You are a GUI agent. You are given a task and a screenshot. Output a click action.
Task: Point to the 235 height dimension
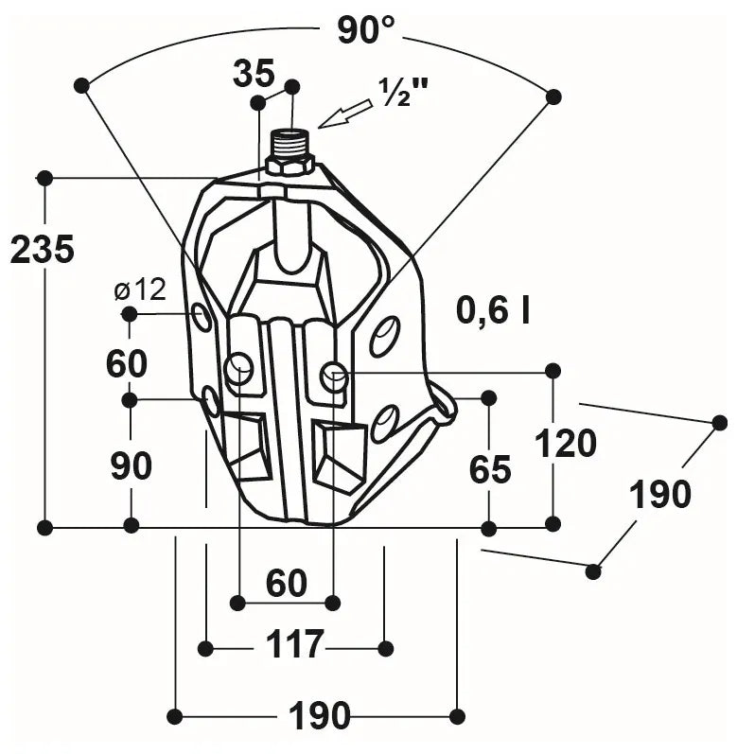(x=42, y=250)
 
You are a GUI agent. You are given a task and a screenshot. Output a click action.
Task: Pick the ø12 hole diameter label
(x=139, y=289)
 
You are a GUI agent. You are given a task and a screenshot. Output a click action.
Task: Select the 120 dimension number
(x=565, y=443)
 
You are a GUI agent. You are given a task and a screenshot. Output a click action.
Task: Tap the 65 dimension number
(x=489, y=469)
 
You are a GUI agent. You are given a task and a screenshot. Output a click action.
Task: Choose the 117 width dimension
(x=293, y=645)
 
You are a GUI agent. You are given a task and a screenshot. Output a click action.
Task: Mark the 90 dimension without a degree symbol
(x=132, y=466)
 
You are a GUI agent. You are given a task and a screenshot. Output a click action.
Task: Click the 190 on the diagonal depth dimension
(x=661, y=494)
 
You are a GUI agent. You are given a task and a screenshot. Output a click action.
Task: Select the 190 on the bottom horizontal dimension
(x=319, y=716)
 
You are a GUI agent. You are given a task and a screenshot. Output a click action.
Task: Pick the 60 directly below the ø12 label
(x=127, y=363)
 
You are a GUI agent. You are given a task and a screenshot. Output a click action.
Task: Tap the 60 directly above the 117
(x=286, y=584)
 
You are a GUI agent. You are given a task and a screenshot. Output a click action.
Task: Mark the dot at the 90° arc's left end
(x=81, y=86)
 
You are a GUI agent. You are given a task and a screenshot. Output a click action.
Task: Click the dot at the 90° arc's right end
(x=554, y=96)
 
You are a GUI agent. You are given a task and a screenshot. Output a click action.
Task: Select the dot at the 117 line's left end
(x=205, y=648)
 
